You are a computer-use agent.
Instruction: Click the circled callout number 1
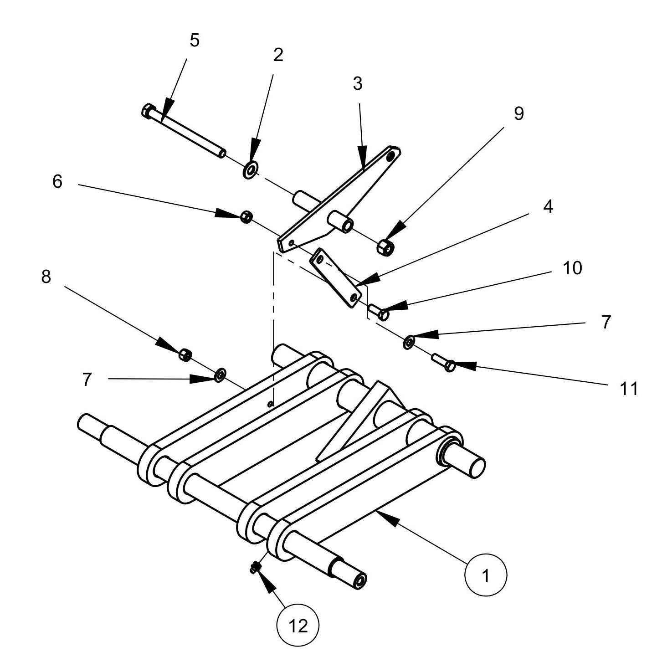coord(485,575)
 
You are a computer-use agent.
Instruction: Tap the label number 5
coord(195,41)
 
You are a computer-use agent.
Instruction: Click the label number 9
coord(518,113)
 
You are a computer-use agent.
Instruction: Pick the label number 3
coord(357,83)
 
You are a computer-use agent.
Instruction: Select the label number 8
coord(46,277)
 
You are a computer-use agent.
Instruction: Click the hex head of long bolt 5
coord(148,111)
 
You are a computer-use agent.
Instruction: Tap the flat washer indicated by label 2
coord(250,169)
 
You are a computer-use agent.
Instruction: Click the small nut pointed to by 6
coord(246,216)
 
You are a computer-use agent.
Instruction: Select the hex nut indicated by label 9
coord(385,247)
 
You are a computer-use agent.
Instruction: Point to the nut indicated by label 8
coord(185,354)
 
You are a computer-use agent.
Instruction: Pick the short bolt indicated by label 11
coord(444,363)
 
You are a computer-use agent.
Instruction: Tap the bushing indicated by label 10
coord(378,312)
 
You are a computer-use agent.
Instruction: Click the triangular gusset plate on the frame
coord(360,419)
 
